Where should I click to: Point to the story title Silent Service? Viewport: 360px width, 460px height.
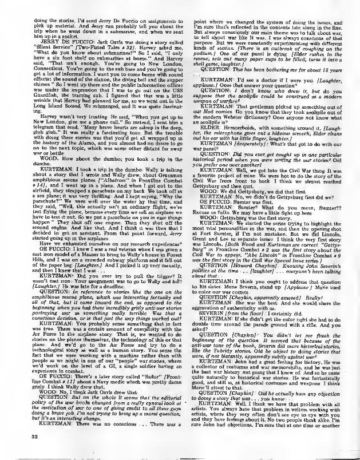point(39,33)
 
